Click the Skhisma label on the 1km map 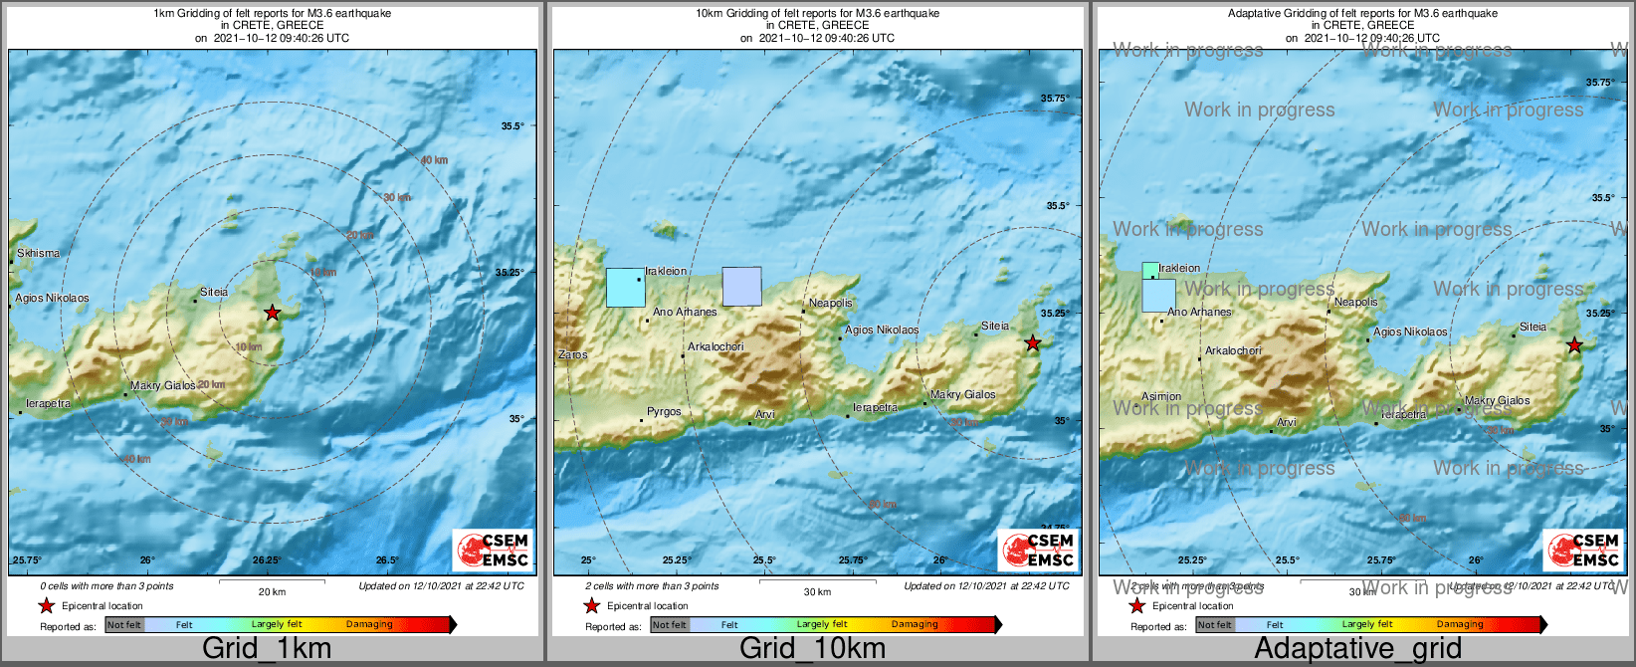(39, 253)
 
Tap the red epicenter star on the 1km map (273, 313)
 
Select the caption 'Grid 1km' (266, 649)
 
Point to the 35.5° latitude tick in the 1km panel (512, 125)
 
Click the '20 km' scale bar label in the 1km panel (272, 591)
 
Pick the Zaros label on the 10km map (573, 354)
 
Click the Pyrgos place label (664, 411)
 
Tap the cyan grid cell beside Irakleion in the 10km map (626, 287)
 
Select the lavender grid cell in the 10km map (741, 286)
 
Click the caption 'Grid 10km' (812, 649)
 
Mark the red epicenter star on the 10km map (1033, 343)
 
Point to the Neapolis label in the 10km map (830, 303)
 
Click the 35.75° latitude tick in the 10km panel (1055, 99)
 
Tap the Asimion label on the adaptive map (1161, 396)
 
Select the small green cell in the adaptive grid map (1150, 270)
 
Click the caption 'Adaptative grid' (1357, 649)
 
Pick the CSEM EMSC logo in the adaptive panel (1582, 550)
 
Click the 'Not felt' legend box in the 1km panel (124, 625)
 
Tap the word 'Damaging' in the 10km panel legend (915, 625)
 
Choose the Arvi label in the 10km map (764, 414)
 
